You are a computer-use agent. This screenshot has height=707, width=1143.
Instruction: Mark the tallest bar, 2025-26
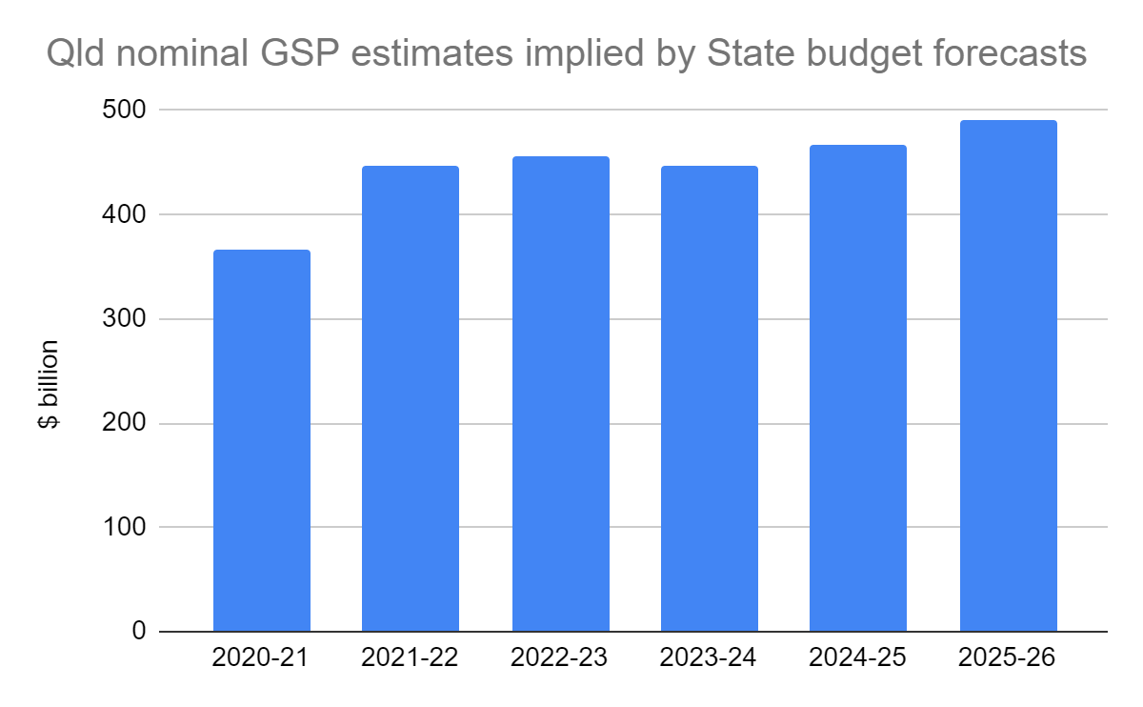click(1008, 375)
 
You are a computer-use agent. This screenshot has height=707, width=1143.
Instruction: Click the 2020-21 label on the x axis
click(261, 659)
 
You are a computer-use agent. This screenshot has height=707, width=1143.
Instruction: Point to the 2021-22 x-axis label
click(411, 659)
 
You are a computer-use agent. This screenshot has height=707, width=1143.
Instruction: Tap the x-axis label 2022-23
click(560, 659)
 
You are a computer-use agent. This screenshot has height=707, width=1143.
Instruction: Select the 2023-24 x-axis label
click(710, 659)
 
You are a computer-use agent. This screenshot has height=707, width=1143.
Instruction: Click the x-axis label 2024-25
click(858, 659)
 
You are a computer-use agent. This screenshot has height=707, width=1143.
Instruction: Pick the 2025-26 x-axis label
click(1008, 659)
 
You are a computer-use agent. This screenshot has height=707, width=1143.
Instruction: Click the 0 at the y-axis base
click(138, 632)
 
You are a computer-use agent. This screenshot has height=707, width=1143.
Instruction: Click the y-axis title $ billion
click(49, 384)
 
